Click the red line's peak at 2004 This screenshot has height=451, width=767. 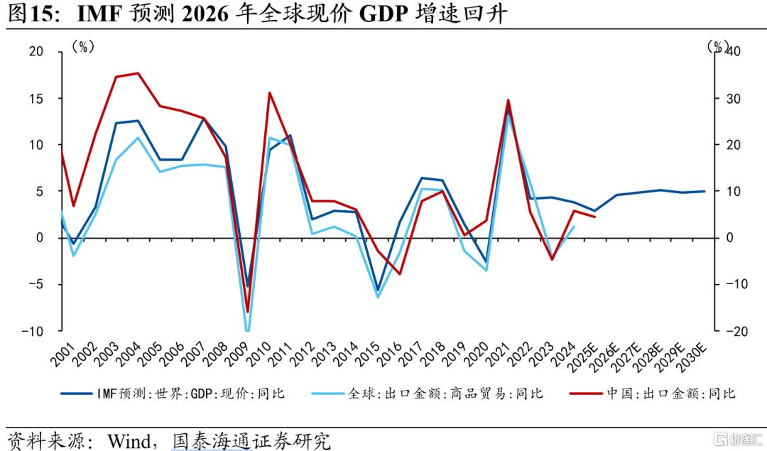[x=138, y=73]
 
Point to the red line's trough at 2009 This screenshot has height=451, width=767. [x=248, y=312]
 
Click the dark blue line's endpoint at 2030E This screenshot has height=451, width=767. [x=705, y=191]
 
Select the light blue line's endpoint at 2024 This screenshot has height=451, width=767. [x=574, y=227]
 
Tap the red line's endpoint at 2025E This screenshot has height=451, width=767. [x=595, y=217]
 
